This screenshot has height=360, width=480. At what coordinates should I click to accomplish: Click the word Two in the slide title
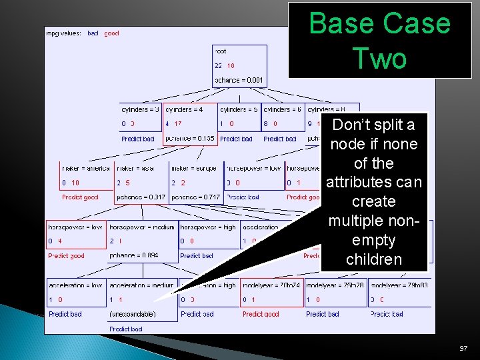[x=379, y=59]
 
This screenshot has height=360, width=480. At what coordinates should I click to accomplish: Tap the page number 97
[x=464, y=349]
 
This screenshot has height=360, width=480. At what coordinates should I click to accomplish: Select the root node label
[x=221, y=51]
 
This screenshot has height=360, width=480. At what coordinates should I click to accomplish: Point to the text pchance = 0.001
[x=239, y=80]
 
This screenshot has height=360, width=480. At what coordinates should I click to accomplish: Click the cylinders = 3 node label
[x=140, y=109]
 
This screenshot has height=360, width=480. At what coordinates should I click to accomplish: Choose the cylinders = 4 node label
[x=184, y=109]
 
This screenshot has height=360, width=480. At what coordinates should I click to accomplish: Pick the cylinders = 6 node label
[x=282, y=109]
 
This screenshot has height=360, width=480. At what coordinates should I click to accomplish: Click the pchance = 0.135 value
[x=190, y=139]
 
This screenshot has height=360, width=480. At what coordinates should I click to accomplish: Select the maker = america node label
[x=86, y=169]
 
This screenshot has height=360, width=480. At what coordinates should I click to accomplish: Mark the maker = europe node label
[x=193, y=169]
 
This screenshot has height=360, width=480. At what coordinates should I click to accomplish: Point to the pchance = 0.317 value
[x=141, y=197]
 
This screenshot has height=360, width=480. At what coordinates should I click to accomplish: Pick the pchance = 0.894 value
[x=134, y=255]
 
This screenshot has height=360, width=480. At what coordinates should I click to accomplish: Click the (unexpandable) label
[x=133, y=314]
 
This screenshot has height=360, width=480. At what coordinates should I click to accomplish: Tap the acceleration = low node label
[x=75, y=285]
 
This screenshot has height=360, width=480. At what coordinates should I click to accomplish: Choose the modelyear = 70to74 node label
[x=271, y=285]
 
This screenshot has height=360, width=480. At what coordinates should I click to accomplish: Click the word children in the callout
[x=374, y=259]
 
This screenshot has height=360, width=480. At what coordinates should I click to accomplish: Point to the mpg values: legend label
[x=64, y=33]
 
